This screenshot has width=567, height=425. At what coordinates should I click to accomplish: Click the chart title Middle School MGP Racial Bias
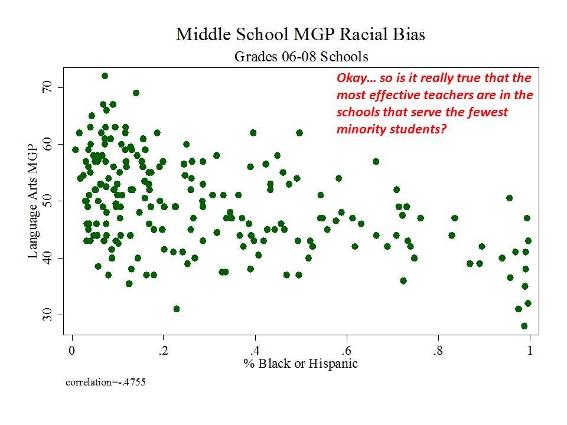[301, 35]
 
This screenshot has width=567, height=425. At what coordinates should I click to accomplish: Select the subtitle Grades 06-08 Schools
[301, 57]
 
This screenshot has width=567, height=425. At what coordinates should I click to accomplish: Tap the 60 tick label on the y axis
[48, 143]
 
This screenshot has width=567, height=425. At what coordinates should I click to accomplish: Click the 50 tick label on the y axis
[48, 201]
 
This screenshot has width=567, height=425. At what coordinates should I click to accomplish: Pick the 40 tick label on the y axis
[48, 258]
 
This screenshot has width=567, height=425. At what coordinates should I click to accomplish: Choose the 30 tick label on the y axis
[48, 315]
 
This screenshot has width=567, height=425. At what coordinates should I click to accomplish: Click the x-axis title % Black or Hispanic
[300, 363]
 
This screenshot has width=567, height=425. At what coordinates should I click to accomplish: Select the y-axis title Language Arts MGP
[34, 201]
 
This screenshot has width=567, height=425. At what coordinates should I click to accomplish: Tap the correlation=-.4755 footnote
[106, 382]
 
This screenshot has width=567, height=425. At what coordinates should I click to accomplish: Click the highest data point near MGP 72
[105, 76]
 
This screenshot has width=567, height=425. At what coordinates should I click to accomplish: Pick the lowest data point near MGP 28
[524, 326]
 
